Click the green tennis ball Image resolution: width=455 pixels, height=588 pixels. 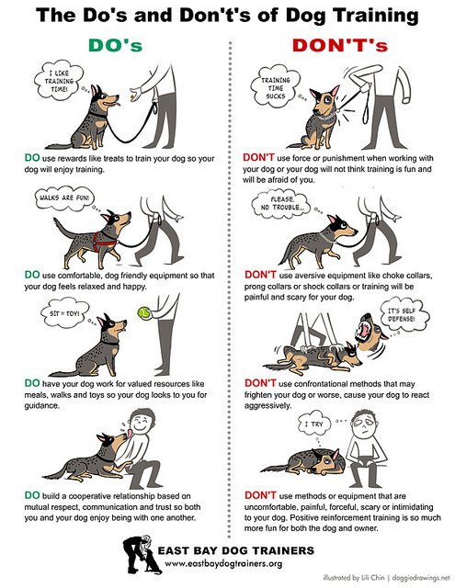click(x=143, y=312)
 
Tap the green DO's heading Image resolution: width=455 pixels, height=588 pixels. click(x=116, y=45)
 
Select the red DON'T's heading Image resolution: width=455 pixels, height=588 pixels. click(x=340, y=45)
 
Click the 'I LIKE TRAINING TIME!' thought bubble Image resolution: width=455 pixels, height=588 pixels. click(x=59, y=82)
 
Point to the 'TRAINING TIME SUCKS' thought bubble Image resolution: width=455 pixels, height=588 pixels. click(x=276, y=87)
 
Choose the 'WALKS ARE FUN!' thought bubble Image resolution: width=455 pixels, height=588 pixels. click(x=64, y=198)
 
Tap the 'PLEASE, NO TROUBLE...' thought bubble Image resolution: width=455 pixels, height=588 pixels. click(x=281, y=204)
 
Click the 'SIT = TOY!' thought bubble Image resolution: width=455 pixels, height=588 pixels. click(x=64, y=312)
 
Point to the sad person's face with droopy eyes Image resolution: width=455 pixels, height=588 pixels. click(x=364, y=424)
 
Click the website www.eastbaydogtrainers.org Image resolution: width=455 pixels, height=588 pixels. click(x=223, y=563)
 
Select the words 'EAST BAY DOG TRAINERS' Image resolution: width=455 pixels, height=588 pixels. click(x=236, y=550)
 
